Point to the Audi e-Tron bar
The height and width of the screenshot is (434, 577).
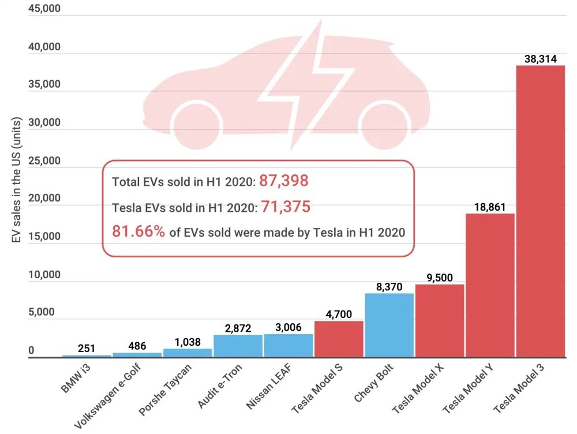(238, 346)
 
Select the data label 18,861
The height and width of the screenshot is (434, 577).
(490, 207)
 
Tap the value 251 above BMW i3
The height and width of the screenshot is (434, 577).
(87, 349)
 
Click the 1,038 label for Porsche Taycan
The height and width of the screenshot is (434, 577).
(188, 342)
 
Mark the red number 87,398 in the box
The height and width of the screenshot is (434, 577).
(284, 181)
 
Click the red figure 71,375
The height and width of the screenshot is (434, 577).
(286, 206)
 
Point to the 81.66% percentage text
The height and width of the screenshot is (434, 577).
(138, 231)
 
